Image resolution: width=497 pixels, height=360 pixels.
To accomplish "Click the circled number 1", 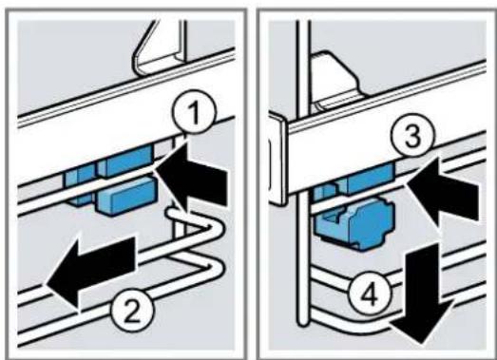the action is [x=194, y=111].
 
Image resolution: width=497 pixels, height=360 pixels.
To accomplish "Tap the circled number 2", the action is [x=132, y=311].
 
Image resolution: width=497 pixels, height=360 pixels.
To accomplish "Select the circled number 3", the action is [x=412, y=135].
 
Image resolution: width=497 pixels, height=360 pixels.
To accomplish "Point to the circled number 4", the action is [x=371, y=294].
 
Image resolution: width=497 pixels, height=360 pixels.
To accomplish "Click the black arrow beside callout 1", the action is [x=192, y=178].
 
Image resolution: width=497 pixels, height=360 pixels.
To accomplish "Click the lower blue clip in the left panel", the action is [x=127, y=196].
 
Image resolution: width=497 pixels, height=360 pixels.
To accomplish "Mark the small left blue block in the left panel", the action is [x=79, y=185].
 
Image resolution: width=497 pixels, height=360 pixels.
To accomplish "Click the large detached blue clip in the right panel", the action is [x=354, y=222].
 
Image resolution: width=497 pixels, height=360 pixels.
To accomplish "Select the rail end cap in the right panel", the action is [x=278, y=160].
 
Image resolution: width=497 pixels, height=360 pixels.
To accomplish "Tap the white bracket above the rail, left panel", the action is [x=160, y=47].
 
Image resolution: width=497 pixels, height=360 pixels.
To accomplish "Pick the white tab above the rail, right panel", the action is [x=337, y=79].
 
